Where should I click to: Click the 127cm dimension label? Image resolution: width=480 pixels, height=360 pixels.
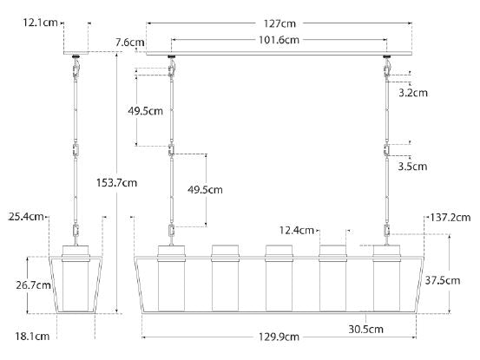click(279, 23)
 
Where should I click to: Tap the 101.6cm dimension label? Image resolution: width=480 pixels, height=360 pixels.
click(279, 40)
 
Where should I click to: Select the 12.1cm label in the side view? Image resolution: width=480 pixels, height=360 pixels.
click(40, 23)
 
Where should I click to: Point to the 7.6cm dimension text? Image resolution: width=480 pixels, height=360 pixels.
click(130, 43)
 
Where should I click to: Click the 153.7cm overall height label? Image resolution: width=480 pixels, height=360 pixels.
click(116, 182)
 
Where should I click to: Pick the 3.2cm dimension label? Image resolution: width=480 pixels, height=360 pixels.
click(413, 92)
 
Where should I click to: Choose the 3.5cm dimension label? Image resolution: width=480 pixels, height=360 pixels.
click(412, 167)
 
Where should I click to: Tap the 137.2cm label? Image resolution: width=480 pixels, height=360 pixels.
click(450, 218)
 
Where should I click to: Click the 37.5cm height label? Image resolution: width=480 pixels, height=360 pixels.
click(443, 280)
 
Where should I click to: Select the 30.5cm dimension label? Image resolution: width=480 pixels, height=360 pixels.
click(365, 329)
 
